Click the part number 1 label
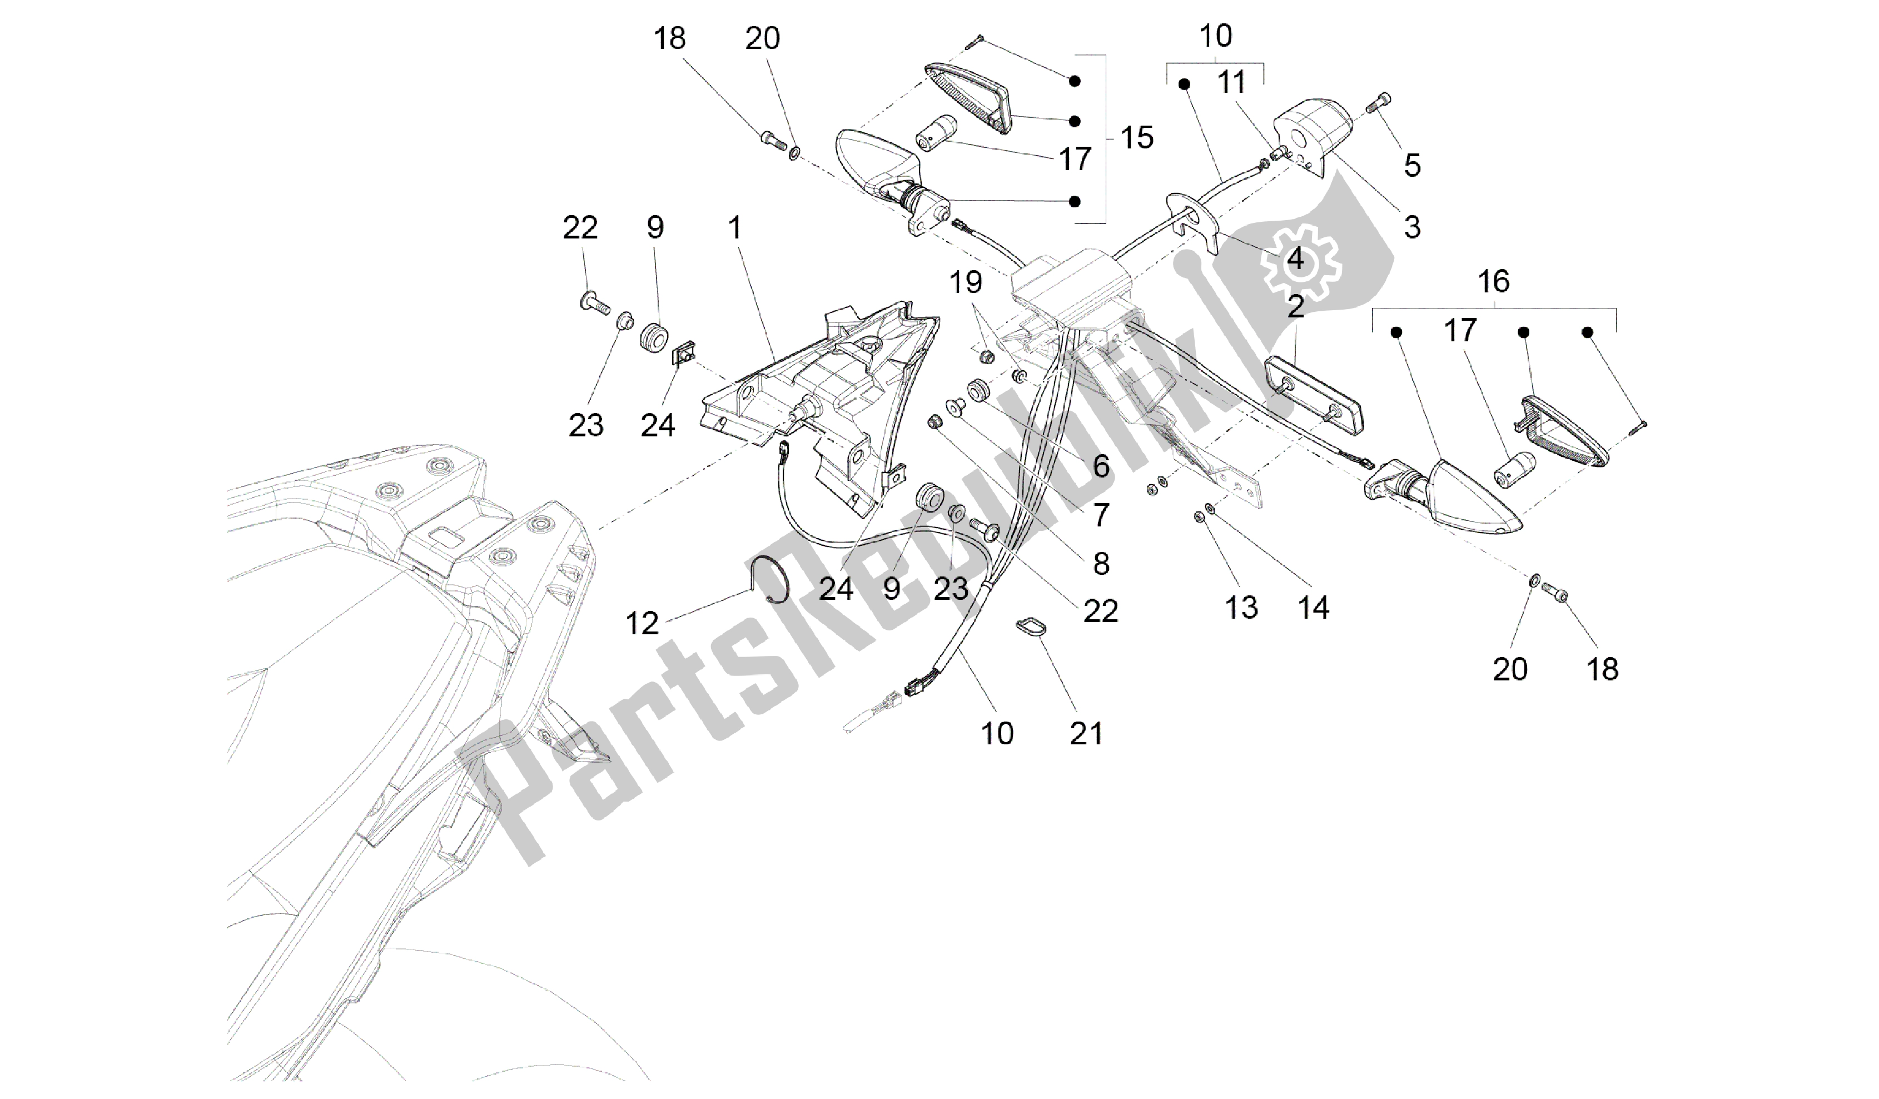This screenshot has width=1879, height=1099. [x=735, y=227]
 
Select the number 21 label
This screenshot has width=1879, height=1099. [x=1086, y=734]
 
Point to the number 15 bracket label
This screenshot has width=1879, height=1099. [x=1136, y=138]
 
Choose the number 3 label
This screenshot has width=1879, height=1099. [x=1412, y=227]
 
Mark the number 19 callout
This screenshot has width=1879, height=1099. [x=966, y=284]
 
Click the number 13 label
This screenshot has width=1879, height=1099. [x=1241, y=608]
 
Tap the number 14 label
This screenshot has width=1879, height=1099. [x=1313, y=608]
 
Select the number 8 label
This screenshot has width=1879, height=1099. [x=1101, y=564]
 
